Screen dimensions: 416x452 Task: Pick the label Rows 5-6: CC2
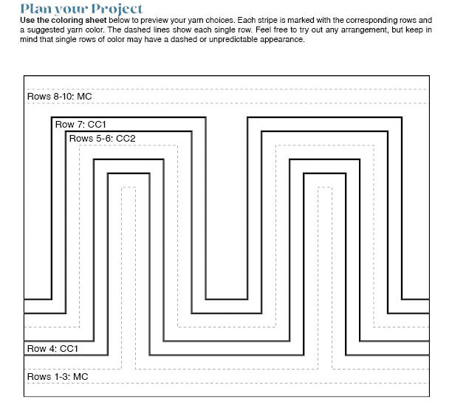(x=102, y=138)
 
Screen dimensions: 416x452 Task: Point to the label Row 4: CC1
(x=52, y=348)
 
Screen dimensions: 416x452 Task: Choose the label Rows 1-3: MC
(x=58, y=377)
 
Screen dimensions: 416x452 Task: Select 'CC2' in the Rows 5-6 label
(x=126, y=138)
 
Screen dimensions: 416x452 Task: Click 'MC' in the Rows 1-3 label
(x=81, y=377)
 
